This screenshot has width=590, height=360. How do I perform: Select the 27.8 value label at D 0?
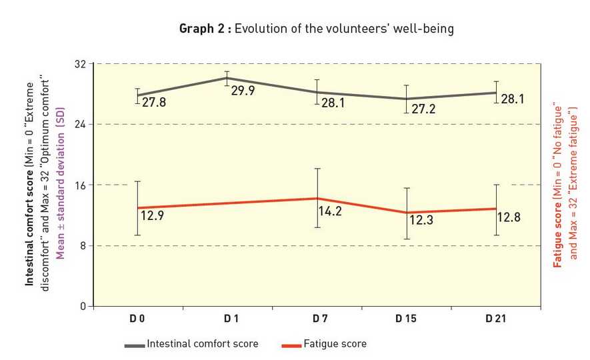(x=154, y=103)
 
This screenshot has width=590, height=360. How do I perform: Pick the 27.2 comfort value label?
(x=423, y=109)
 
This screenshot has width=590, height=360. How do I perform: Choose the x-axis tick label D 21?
(x=495, y=319)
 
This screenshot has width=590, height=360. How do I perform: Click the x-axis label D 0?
(x=137, y=319)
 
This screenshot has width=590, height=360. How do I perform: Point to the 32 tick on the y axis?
(x=80, y=64)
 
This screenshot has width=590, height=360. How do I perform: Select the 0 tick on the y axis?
(x=83, y=307)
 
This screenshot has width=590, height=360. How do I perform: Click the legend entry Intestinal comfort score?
(x=202, y=344)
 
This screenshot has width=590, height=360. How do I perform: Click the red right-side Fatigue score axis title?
(x=559, y=185)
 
